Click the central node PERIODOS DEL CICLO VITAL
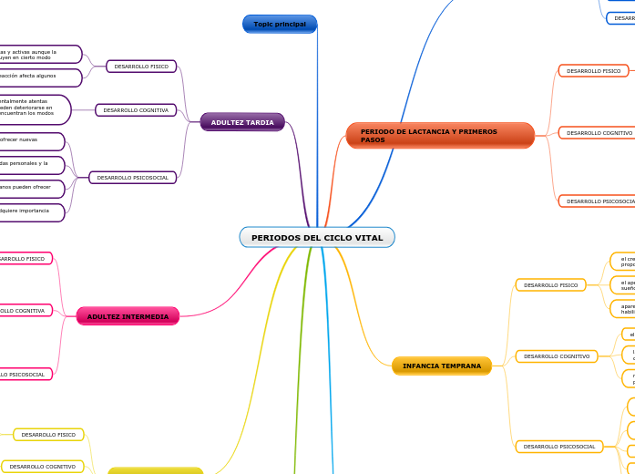click(317, 238)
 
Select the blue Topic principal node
click(280, 24)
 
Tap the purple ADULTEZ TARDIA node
click(242, 122)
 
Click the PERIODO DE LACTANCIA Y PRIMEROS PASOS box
click(440, 136)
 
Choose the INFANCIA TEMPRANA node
click(442, 366)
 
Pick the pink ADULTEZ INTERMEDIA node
click(128, 316)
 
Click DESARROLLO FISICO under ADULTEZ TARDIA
click(141, 67)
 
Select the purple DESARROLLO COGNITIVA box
click(136, 110)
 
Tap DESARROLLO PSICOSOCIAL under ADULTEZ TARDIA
click(132, 178)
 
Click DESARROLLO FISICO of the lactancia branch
click(593, 70)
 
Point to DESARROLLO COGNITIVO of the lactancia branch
click(599, 133)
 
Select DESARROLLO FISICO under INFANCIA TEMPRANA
click(550, 285)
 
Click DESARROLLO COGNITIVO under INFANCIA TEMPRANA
click(556, 355)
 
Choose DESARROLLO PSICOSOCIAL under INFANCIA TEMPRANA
click(558, 447)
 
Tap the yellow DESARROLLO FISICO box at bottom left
click(48, 435)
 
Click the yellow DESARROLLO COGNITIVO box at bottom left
click(43, 467)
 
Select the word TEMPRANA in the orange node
click(462, 366)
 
